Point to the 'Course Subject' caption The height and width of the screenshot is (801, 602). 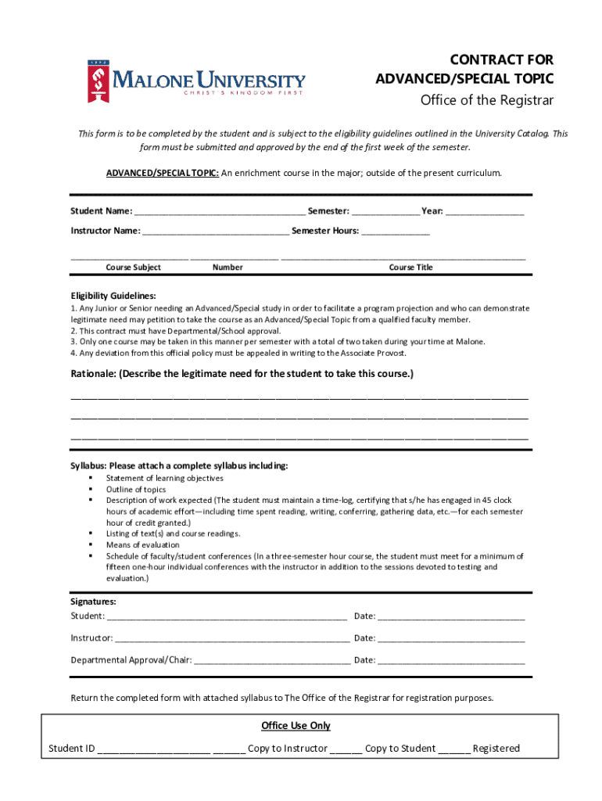133,268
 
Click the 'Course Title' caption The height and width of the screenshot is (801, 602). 410,268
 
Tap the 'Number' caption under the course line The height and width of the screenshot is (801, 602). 228,268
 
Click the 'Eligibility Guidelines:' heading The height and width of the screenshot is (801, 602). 113,296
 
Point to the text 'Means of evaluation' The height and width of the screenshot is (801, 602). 142,544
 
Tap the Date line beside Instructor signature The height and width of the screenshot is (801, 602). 451,639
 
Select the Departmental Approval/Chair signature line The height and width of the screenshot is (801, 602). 272,661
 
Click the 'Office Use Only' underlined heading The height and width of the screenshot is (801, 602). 296,726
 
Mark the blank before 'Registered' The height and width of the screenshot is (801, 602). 453,749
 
